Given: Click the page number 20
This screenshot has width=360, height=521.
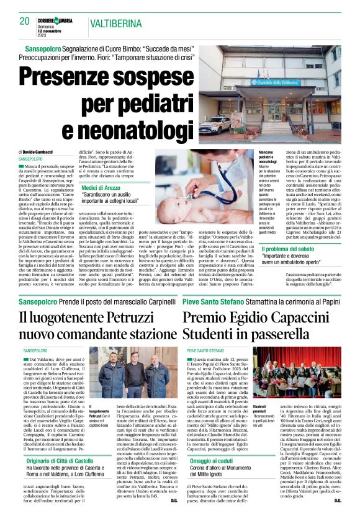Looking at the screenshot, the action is (x=25, y=22).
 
